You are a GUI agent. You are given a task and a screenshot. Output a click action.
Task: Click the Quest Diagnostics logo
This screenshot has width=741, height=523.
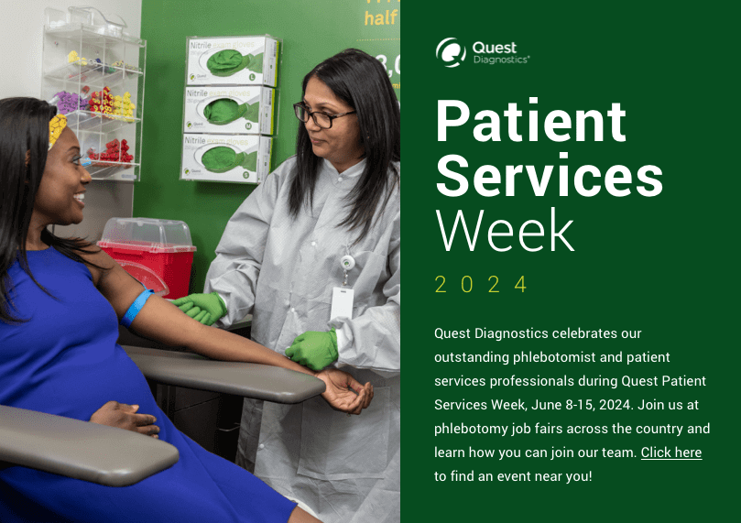[x=482, y=52]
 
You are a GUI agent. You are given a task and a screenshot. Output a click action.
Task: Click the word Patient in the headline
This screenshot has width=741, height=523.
[x=530, y=121]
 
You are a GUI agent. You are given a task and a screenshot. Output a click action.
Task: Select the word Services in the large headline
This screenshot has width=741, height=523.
[x=549, y=176]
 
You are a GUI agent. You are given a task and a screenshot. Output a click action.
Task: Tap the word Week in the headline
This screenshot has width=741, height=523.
[x=505, y=231]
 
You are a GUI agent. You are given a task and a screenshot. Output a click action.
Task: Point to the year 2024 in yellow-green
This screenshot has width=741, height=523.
[x=482, y=285]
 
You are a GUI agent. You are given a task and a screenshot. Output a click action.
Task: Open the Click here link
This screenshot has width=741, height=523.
[x=670, y=452]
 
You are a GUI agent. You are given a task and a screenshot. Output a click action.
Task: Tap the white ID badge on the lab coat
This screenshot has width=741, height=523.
[x=342, y=303]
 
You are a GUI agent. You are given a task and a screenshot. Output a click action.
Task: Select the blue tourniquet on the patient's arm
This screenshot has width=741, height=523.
[x=137, y=306]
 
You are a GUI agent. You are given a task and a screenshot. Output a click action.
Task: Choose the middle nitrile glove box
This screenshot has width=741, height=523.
[x=229, y=111]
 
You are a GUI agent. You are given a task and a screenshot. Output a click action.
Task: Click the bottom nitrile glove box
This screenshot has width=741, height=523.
[x=226, y=158]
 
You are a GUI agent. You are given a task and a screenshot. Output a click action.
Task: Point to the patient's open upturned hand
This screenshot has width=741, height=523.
[x=346, y=391]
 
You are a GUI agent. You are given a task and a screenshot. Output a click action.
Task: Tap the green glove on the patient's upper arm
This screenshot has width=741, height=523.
[x=199, y=309]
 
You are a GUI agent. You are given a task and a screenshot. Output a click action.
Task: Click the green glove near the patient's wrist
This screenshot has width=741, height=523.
[x=312, y=350]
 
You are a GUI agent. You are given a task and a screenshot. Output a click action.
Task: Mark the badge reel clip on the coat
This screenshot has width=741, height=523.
[x=348, y=264]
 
